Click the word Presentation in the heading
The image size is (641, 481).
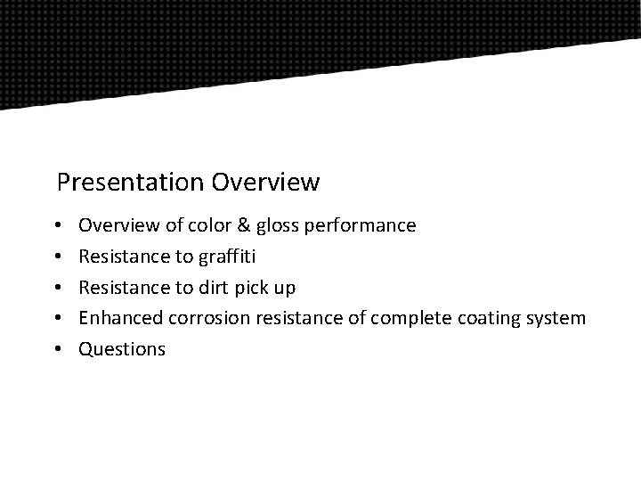(131, 183)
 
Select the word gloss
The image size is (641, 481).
(279, 225)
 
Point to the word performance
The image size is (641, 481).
(360, 226)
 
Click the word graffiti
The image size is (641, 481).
(224, 257)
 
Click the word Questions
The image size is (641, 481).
(122, 349)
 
